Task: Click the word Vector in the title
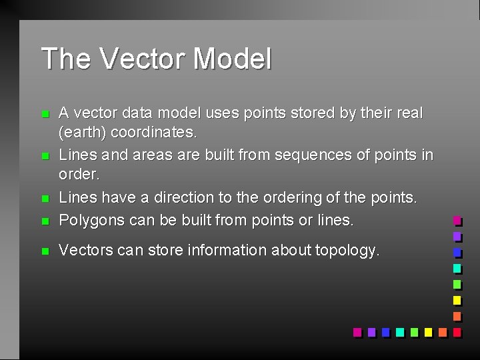[x=143, y=59]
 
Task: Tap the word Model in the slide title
[x=232, y=59]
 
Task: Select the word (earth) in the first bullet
[x=83, y=133]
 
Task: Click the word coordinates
[x=154, y=133]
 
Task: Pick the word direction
[x=184, y=198]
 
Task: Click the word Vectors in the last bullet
[x=83, y=251]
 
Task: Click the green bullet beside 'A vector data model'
[x=45, y=115]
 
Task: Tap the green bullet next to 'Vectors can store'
[x=45, y=251]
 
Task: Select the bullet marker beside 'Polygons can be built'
[x=45, y=221]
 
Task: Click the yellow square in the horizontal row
[x=428, y=331]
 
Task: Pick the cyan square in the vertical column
[x=457, y=268]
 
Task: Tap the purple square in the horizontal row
[x=371, y=331]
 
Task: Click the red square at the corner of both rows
[x=457, y=331]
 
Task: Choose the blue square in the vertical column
[x=457, y=252]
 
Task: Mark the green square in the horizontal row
[x=414, y=331]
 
